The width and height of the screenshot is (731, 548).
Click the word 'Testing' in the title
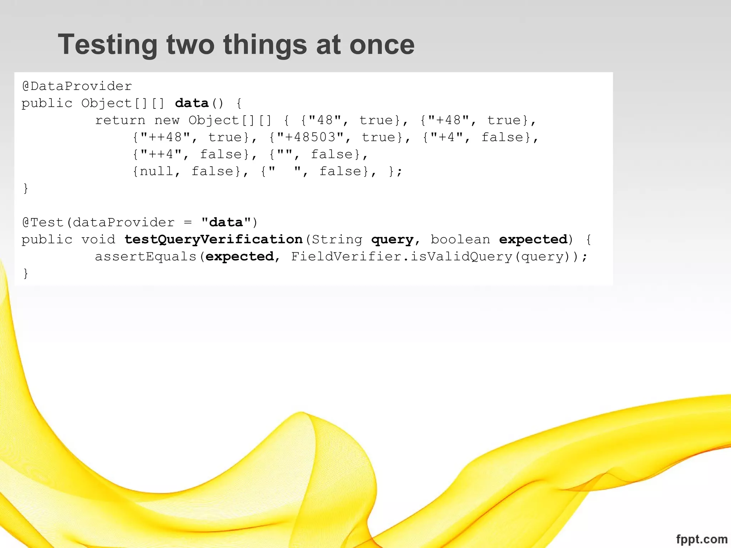107,45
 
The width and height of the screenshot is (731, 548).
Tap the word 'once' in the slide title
382,45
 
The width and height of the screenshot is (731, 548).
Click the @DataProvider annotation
77,86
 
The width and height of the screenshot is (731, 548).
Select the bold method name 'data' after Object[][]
192,103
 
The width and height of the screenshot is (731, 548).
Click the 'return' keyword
120,121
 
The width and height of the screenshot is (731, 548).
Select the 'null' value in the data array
156,172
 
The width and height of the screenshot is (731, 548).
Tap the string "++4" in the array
161,154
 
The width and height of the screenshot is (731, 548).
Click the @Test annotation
43,223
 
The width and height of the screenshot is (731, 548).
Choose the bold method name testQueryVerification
213,239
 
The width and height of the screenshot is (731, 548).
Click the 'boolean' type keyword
460,239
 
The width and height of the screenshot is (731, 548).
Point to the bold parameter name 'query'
392,239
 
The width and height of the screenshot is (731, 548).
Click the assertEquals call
146,257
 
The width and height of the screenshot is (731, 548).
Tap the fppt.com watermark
701,539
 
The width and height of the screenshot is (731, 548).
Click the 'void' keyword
98,239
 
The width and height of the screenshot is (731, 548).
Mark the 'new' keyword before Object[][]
167,121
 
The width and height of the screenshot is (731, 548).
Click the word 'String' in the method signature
337,239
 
